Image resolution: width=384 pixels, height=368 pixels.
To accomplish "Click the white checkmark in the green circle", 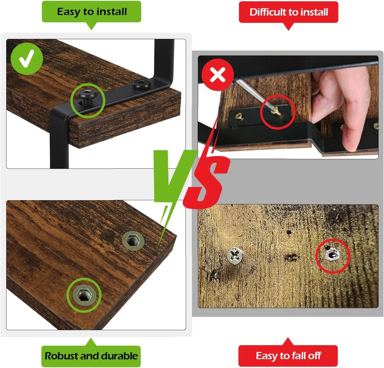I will click(x=27, y=59).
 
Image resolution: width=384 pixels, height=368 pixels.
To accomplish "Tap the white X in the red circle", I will click(x=218, y=75).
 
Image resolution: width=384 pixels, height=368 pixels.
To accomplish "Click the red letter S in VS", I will click(x=207, y=182).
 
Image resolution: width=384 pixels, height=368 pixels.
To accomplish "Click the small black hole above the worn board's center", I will click(x=289, y=232).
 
